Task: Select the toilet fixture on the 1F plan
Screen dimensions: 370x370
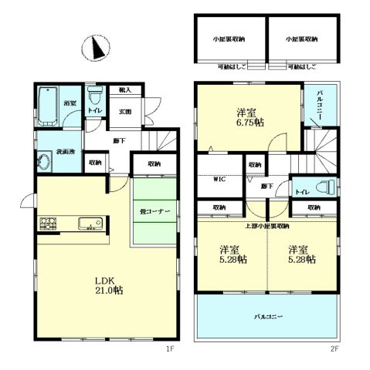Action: (x=94, y=98)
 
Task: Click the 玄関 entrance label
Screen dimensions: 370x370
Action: (x=126, y=112)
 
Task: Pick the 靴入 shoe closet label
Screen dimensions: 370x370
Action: (x=125, y=91)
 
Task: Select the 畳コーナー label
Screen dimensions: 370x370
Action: (x=154, y=210)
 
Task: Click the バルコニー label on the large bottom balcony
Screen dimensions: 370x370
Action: (x=266, y=317)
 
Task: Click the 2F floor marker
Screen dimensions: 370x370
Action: (x=335, y=349)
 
